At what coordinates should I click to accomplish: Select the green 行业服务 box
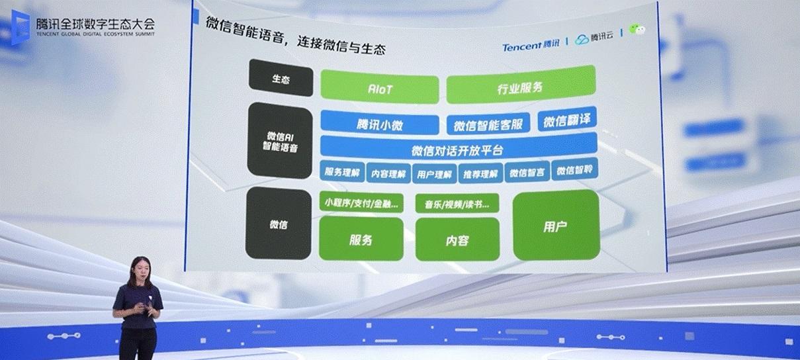521,85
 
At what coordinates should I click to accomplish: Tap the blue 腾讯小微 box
380,123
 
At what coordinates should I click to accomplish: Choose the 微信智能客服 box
488,124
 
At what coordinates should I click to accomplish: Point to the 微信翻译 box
567,119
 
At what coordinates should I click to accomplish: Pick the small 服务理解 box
342,172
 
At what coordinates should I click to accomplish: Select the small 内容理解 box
388,173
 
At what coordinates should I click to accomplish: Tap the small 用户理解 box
434,174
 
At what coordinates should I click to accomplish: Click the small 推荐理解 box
480,173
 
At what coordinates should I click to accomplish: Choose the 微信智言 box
527,172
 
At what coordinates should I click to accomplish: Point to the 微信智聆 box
574,169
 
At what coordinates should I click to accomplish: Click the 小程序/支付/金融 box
361,202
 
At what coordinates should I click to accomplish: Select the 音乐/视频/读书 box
457,204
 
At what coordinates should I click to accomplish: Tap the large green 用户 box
556,225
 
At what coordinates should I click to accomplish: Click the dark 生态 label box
281,78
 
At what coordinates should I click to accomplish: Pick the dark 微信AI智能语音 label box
280,141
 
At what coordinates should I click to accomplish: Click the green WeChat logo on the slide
637,29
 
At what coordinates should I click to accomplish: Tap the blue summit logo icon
21,27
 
